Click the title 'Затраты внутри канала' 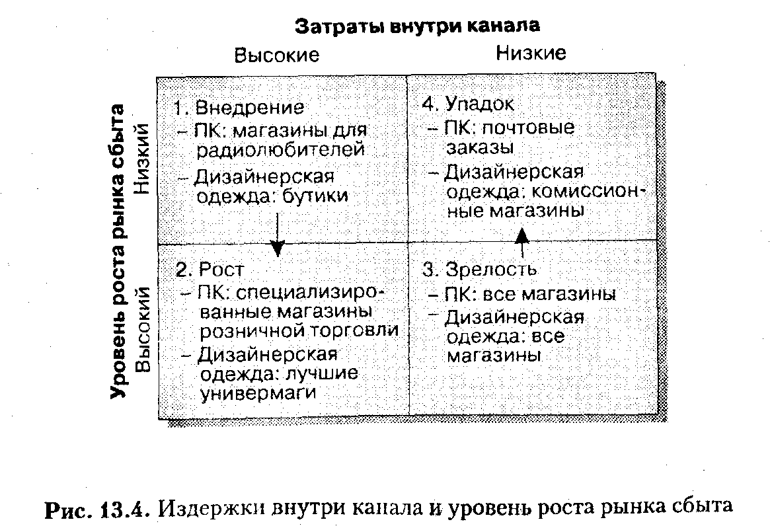(x=417, y=26)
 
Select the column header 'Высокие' (x=276, y=55)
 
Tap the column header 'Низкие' (x=531, y=53)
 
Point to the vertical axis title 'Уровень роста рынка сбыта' (x=118, y=251)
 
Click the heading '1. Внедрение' (x=240, y=108)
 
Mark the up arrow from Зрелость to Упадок (x=522, y=241)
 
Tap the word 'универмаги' (x=256, y=393)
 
